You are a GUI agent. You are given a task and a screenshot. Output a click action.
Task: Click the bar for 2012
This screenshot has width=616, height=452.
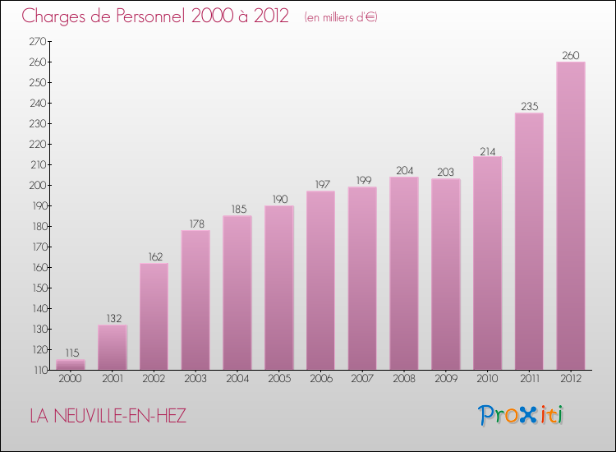(x=571, y=215)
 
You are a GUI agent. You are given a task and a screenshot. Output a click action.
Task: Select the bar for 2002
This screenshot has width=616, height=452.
(x=154, y=316)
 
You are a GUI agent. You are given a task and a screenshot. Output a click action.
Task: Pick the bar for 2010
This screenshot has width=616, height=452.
(x=487, y=263)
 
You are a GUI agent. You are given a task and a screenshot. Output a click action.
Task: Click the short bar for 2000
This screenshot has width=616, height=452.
(x=71, y=365)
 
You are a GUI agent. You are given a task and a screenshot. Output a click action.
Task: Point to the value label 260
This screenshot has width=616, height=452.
(x=571, y=56)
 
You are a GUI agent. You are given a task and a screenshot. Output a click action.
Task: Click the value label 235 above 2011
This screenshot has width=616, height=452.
(x=529, y=107)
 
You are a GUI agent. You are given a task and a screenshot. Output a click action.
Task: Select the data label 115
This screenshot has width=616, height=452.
(x=71, y=353)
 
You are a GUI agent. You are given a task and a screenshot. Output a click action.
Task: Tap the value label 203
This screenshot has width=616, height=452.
(x=446, y=173)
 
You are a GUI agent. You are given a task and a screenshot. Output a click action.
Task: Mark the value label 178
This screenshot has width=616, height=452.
(x=195, y=224)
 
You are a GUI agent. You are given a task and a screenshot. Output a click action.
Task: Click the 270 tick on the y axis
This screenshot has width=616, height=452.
(x=38, y=41)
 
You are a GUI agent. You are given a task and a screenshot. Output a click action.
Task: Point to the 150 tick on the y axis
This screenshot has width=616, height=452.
(x=38, y=288)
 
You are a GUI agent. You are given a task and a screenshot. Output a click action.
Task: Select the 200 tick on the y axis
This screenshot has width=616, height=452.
(x=38, y=185)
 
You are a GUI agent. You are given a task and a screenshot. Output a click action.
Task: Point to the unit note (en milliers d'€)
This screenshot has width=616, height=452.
(x=340, y=17)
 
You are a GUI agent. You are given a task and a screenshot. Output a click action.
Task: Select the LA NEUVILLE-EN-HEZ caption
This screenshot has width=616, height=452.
(x=108, y=416)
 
